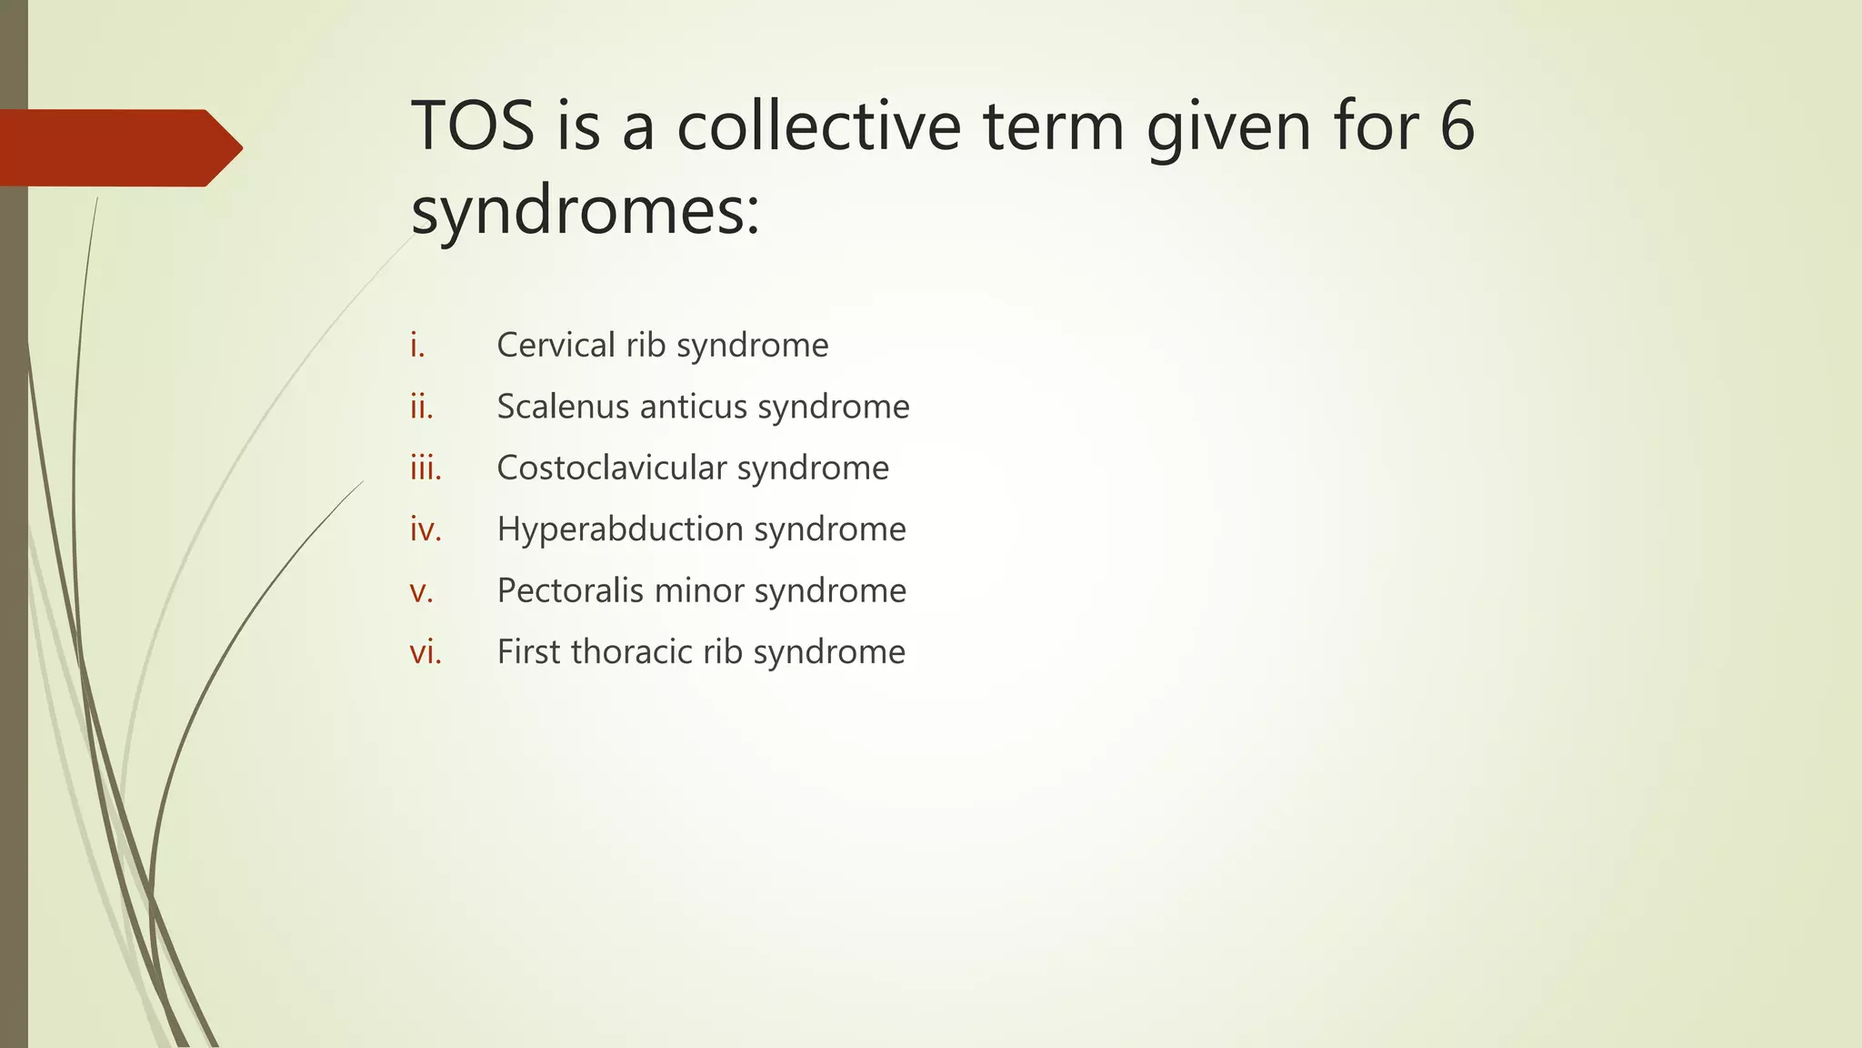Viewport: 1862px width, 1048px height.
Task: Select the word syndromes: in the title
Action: (585, 211)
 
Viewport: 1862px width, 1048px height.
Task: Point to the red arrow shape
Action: (118, 147)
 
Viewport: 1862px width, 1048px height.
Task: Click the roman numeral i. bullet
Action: (417, 346)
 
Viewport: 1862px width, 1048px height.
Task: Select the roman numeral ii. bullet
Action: (422, 407)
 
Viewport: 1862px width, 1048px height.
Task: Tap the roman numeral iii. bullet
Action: (425, 469)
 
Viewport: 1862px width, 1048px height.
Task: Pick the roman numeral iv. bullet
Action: (425, 529)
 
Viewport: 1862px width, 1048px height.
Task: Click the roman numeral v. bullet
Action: (421, 591)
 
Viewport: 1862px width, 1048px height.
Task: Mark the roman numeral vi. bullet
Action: (425, 652)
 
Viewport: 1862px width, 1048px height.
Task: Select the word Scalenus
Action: (563, 407)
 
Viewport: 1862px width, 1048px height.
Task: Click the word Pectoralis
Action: (570, 591)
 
